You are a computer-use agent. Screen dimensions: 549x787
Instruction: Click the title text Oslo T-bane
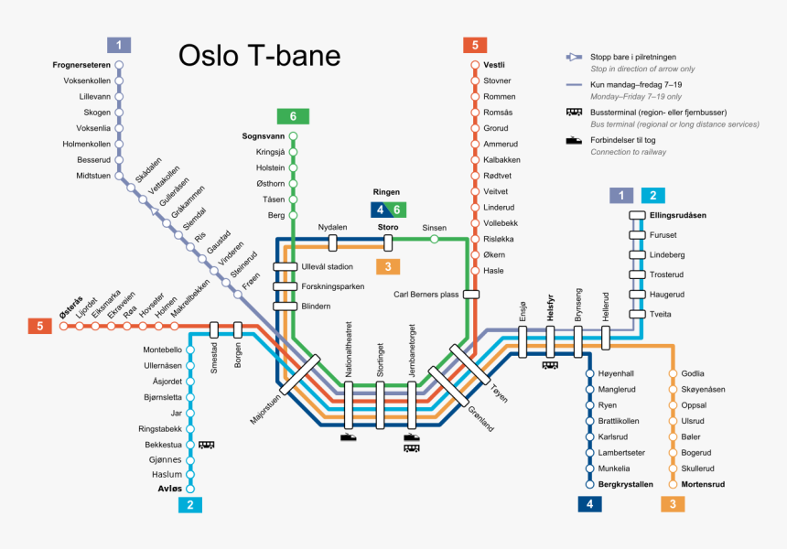[259, 56]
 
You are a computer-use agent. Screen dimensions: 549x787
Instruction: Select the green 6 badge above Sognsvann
[293, 116]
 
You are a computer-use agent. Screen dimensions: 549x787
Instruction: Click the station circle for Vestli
[474, 65]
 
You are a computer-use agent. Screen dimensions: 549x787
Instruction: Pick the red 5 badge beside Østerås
[39, 326]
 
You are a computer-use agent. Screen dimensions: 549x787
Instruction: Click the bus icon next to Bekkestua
[207, 445]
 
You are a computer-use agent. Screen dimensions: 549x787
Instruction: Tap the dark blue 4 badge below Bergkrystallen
[588, 504]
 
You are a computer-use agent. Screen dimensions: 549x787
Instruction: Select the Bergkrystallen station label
[626, 484]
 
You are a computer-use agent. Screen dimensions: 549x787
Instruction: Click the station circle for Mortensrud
[674, 484]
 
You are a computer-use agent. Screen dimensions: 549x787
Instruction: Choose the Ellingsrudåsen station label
[680, 216]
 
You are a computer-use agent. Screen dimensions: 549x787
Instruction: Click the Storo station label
[388, 227]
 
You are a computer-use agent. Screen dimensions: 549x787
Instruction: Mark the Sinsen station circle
[434, 240]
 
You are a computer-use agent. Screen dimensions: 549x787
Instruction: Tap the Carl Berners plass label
[426, 295]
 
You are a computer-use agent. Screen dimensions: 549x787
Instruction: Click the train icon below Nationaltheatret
[349, 437]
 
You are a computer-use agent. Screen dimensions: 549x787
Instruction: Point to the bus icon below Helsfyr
[551, 364]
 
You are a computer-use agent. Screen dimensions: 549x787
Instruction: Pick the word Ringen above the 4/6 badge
[388, 193]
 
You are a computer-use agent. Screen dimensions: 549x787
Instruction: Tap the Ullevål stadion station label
[327, 267]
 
